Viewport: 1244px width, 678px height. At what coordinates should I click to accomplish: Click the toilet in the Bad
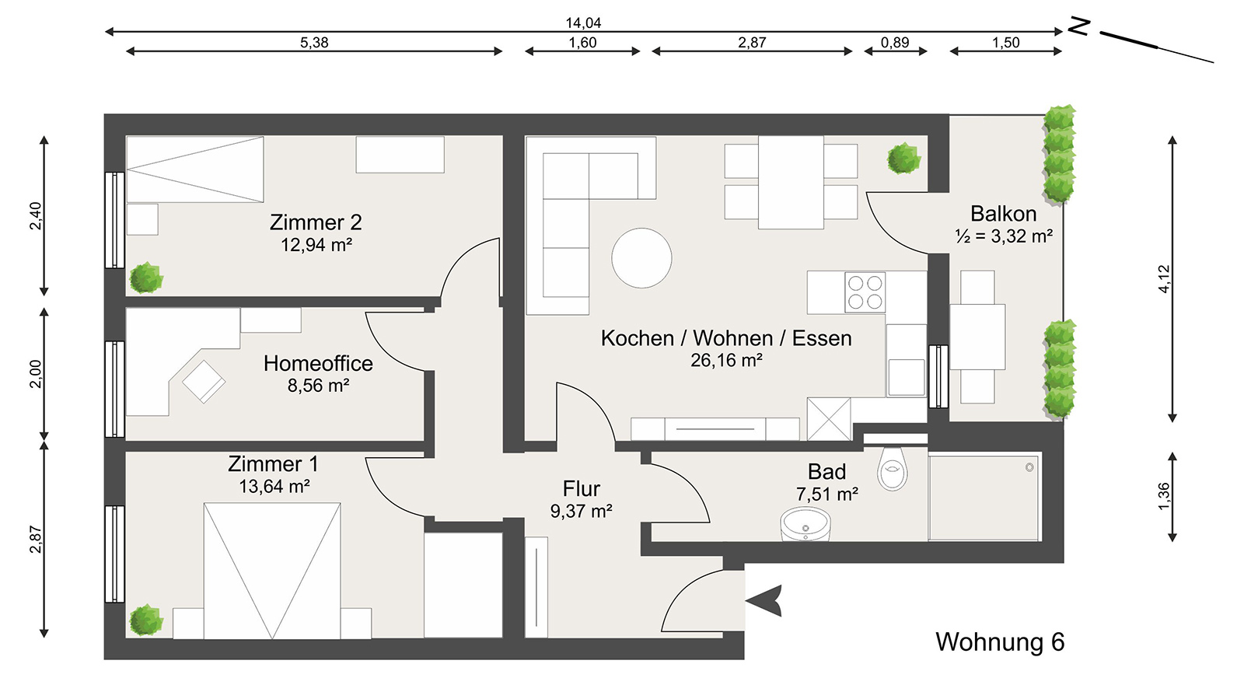(893, 469)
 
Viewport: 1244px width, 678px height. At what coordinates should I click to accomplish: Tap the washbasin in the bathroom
(805, 525)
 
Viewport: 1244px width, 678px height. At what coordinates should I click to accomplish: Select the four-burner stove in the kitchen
(865, 292)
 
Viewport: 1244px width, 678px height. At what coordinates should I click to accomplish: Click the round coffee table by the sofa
(641, 258)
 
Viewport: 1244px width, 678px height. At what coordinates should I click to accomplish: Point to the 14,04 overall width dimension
(583, 23)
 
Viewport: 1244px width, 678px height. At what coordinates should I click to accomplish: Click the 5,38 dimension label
(314, 43)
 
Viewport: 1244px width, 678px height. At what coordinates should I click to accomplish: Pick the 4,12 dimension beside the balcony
(1164, 278)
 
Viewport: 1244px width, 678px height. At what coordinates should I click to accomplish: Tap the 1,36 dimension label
(1164, 496)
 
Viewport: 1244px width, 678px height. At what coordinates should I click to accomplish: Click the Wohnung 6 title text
(1000, 642)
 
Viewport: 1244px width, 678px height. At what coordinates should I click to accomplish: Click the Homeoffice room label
(318, 363)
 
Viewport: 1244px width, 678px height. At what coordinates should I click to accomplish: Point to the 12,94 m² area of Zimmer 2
(316, 245)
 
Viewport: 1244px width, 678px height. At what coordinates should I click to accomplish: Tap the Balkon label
(1003, 214)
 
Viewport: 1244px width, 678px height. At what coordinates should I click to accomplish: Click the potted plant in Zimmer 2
(145, 278)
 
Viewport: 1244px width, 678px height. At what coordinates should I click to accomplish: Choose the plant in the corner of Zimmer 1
(145, 620)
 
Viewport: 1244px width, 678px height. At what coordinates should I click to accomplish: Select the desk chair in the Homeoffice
(204, 381)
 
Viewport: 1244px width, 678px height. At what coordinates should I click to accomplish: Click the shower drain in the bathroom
(1029, 467)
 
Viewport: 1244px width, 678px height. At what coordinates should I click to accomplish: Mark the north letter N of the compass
(1078, 27)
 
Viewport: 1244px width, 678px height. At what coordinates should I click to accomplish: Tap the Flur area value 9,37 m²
(581, 512)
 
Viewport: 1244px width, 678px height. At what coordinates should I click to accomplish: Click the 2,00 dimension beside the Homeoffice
(36, 374)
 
